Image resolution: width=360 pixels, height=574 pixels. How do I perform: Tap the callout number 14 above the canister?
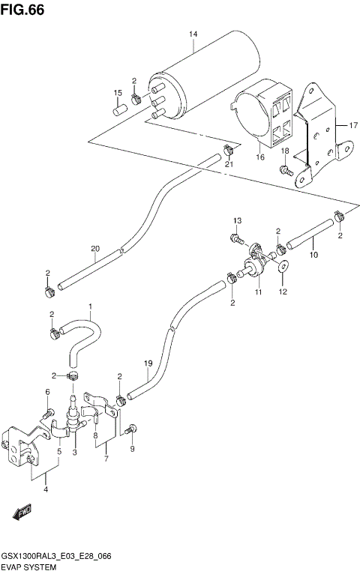pos(193,35)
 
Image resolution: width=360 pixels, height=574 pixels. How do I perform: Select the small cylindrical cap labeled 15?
pos(118,109)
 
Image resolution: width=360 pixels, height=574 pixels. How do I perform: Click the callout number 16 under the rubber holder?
pos(261,157)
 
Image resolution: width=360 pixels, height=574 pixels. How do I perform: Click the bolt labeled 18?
pos(286,170)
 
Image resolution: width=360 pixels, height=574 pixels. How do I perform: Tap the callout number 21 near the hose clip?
pos(229,165)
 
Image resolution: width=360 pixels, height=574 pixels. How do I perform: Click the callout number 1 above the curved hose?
pos(90,306)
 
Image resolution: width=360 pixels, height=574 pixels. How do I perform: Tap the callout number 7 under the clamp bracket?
pos(106,458)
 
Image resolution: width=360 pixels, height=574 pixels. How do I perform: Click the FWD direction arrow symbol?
pos(20,511)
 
